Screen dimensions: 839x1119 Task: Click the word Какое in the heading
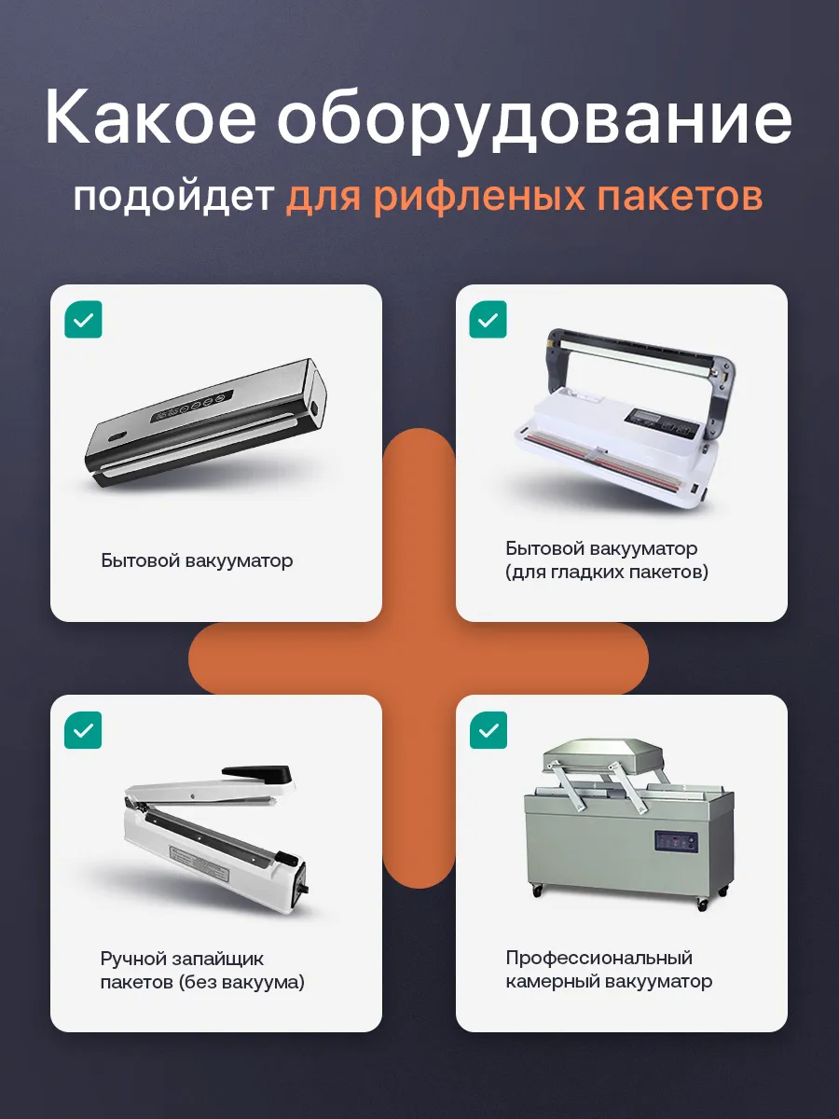click(150, 117)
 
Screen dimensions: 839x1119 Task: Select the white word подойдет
click(173, 197)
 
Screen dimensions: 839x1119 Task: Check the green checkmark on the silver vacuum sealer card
click(84, 319)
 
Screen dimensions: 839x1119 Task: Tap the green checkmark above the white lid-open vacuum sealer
click(488, 319)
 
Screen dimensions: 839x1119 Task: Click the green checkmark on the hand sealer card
click(84, 730)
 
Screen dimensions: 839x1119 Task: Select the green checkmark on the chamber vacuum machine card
click(488, 730)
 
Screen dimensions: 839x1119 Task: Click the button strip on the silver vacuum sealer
click(191, 406)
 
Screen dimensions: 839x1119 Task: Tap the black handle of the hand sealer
click(258, 774)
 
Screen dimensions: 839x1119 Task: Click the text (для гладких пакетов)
click(607, 572)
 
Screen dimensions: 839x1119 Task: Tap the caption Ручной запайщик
click(182, 959)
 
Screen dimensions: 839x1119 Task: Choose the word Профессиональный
click(599, 959)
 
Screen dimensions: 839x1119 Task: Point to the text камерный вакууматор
click(609, 981)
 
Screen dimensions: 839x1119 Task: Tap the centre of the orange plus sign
click(419, 657)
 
